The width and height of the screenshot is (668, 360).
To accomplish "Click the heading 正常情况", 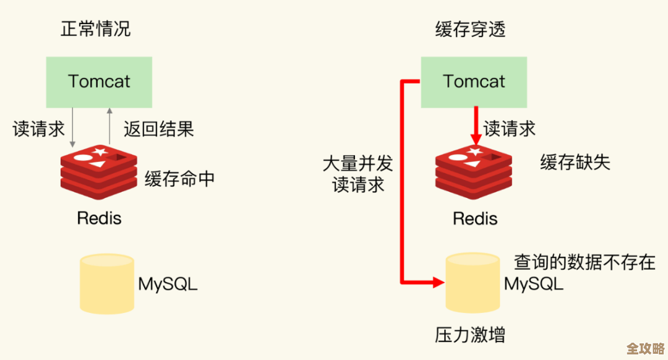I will tap(95, 29).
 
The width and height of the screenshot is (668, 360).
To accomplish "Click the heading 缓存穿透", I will tap(470, 29).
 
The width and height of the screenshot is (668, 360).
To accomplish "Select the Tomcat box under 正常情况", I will tap(99, 82).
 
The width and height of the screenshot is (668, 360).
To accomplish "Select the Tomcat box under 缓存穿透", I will tap(474, 82).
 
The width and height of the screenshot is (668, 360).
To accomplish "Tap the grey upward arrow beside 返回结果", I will tap(109, 126).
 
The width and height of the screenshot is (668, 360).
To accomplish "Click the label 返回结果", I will tap(159, 129).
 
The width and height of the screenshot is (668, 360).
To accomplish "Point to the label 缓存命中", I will tap(180, 179).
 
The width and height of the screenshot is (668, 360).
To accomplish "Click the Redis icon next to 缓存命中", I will tap(99, 172).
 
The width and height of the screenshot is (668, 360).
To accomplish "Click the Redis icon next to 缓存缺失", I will tap(474, 172).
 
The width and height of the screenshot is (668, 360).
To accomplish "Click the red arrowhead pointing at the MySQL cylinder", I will tap(439, 283).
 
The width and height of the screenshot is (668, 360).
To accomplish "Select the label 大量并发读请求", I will tap(358, 174).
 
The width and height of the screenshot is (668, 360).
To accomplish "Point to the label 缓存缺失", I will tap(575, 162).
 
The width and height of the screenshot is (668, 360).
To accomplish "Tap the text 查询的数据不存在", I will tap(584, 262).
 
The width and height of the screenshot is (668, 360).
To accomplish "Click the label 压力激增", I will tap(471, 335).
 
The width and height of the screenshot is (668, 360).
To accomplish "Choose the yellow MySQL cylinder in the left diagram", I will tap(107, 284).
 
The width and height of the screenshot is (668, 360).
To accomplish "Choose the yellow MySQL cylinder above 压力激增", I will tap(473, 283).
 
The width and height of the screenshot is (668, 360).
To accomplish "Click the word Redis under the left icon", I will tap(99, 218).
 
